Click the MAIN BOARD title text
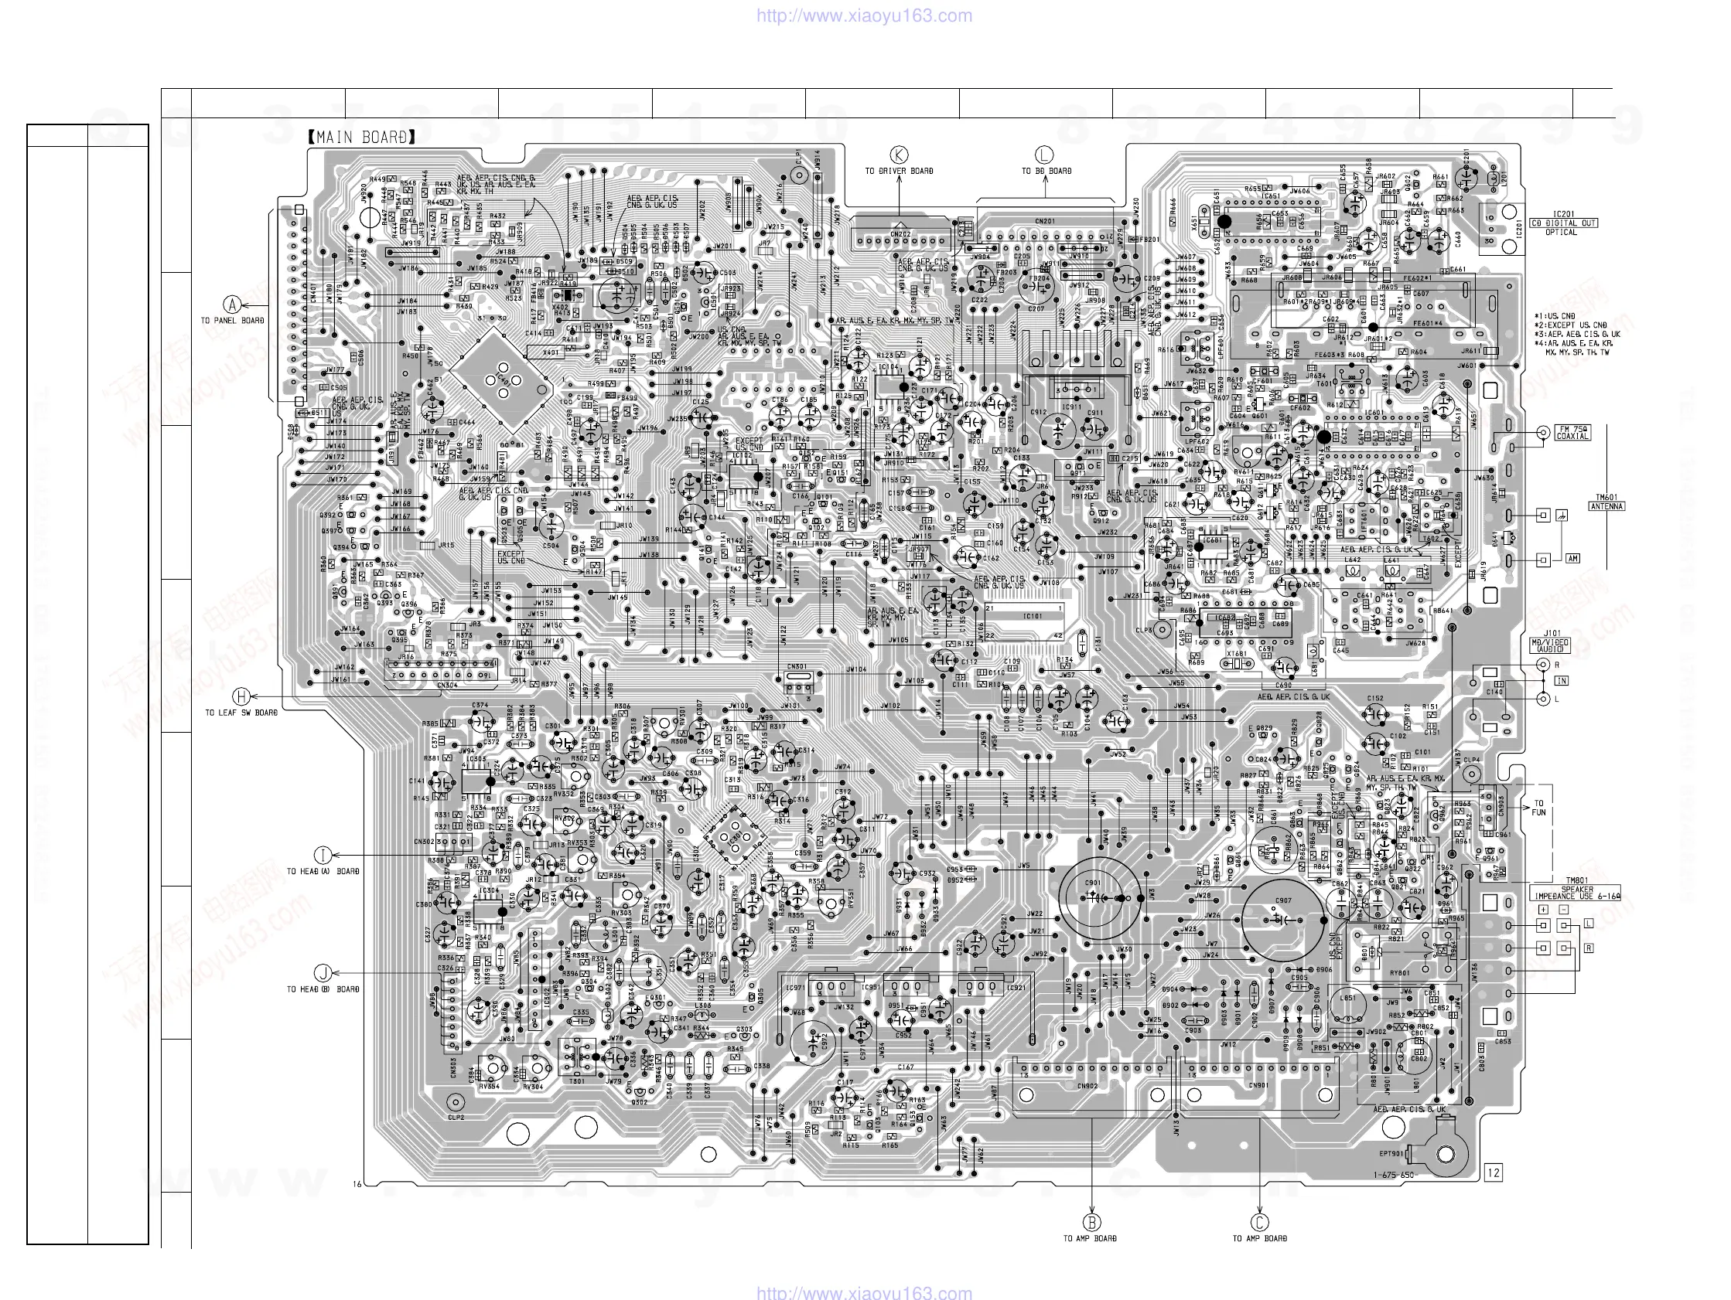tap(361, 138)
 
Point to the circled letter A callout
tap(231, 305)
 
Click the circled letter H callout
tap(242, 696)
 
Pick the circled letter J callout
tap(323, 973)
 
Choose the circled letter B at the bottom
tap(1091, 1223)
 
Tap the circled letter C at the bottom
tap(1259, 1223)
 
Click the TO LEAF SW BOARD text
tap(241, 713)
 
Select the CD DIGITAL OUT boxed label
tap(1563, 223)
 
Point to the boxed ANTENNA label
tap(1606, 506)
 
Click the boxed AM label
tap(1572, 559)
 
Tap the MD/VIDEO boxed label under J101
tap(1549, 645)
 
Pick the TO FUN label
tap(1538, 808)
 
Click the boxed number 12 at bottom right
tap(1493, 1172)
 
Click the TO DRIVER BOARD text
tap(898, 171)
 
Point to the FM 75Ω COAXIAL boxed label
tap(1572, 433)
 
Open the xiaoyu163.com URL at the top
tap(864, 15)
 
